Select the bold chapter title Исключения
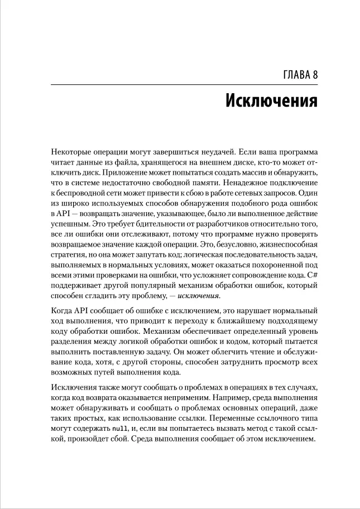tap(272, 101)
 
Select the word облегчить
tap(234, 353)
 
